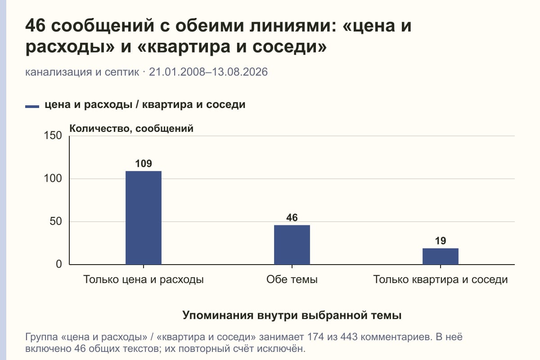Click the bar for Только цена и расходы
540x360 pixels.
tap(144, 218)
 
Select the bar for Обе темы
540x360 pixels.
tap(292, 245)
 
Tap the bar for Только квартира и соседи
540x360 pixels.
tap(441, 256)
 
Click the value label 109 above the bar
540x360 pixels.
tap(144, 164)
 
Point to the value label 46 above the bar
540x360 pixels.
tap(292, 218)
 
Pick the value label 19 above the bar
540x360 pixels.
tap(441, 241)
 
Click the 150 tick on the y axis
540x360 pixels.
tap(53, 135)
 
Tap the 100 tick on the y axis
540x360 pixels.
tap(53, 179)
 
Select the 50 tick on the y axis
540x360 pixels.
tap(56, 221)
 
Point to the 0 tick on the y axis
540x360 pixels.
tap(59, 264)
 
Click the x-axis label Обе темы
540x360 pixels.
tap(292, 279)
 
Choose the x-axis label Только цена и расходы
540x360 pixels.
tap(144, 280)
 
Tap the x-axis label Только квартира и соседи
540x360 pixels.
tap(441, 280)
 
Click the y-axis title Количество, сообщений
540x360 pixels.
tap(131, 129)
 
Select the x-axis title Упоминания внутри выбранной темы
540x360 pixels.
tap(292, 315)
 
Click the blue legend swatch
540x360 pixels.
tap(32, 106)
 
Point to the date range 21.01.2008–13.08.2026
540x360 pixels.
tap(208, 72)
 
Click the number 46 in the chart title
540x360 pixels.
tap(35, 25)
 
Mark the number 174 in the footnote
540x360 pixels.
tap(316, 337)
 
